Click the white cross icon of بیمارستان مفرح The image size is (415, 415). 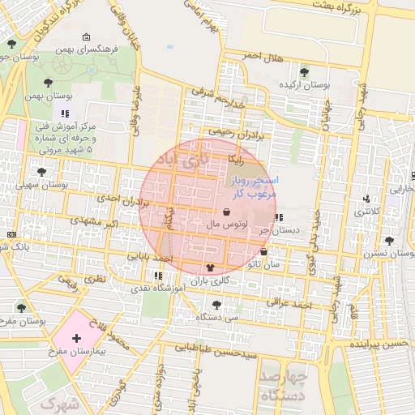click(x=76, y=337)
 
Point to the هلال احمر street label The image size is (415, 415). click(x=267, y=56)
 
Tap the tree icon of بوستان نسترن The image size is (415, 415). click(x=390, y=241)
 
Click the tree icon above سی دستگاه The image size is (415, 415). click(x=216, y=305)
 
